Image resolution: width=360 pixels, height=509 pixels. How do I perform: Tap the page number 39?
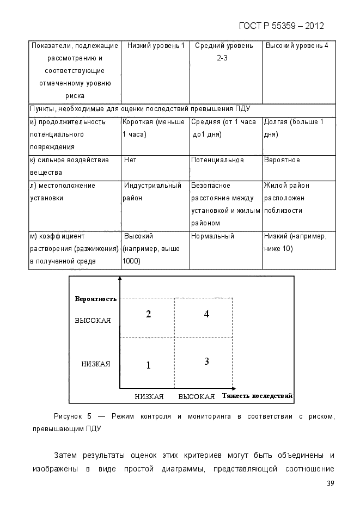(330, 484)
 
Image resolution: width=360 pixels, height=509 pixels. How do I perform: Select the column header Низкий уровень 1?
(156, 46)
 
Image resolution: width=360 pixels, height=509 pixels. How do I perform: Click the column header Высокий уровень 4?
(297, 46)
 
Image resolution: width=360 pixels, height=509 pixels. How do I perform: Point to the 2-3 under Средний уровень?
(222, 58)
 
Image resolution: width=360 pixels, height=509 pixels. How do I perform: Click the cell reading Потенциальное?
(217, 160)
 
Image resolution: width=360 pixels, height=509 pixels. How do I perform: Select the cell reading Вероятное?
(282, 160)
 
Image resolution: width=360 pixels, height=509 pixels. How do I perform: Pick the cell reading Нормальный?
(212, 236)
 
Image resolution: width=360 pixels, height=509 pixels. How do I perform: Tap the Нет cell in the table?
(130, 160)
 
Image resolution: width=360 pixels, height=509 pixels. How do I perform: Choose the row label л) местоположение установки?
(62, 192)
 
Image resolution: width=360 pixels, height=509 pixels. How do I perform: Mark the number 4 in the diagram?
(207, 314)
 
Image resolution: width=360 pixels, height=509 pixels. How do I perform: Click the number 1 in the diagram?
(148, 365)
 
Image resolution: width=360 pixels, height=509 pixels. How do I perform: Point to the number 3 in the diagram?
(207, 361)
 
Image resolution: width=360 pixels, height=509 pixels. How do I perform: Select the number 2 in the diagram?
(148, 314)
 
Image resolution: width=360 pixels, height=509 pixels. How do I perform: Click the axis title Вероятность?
(96, 299)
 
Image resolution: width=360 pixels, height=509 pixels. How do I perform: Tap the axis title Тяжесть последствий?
(258, 395)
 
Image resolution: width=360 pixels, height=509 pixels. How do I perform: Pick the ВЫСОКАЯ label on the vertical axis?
(93, 321)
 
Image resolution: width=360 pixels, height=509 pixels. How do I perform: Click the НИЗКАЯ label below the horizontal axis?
(149, 396)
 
